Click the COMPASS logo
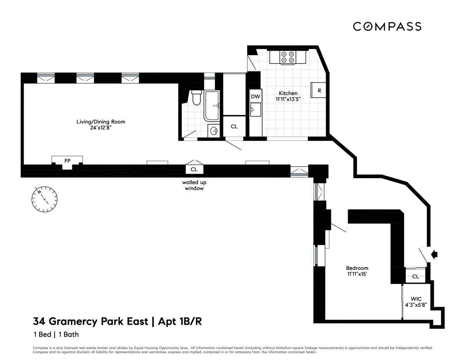pos(387,26)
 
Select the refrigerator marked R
pos(319,90)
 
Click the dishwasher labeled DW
pos(255,96)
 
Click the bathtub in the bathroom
pos(212,106)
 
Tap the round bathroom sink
pos(214,131)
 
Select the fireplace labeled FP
pos(67,161)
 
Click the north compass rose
pos(44,199)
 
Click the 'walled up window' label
pos(193,185)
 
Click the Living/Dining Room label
pos(101,122)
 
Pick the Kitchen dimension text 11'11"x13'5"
pos(288,99)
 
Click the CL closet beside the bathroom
pos(234,127)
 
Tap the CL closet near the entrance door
pos(415,277)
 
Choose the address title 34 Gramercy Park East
pos(90,322)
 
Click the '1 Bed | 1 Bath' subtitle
pos(56,334)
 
